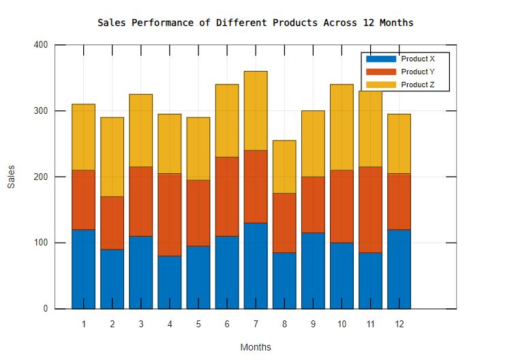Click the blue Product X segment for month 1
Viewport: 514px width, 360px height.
(83, 269)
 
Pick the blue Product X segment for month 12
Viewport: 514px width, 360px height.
(399, 269)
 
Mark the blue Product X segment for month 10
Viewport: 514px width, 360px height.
(342, 275)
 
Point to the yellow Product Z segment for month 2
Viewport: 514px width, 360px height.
(112, 157)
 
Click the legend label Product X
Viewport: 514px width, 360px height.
(418, 59)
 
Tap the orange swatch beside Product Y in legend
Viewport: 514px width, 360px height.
(380, 72)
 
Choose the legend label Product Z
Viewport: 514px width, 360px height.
(418, 85)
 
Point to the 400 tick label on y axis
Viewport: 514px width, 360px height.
(40, 45)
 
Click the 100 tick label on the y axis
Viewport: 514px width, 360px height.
(40, 243)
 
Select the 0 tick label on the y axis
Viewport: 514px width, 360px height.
(45, 309)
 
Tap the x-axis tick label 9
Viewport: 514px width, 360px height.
(313, 325)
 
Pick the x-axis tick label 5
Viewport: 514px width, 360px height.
(198, 325)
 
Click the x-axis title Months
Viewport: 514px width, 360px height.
(256, 347)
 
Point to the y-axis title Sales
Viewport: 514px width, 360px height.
(12, 177)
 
